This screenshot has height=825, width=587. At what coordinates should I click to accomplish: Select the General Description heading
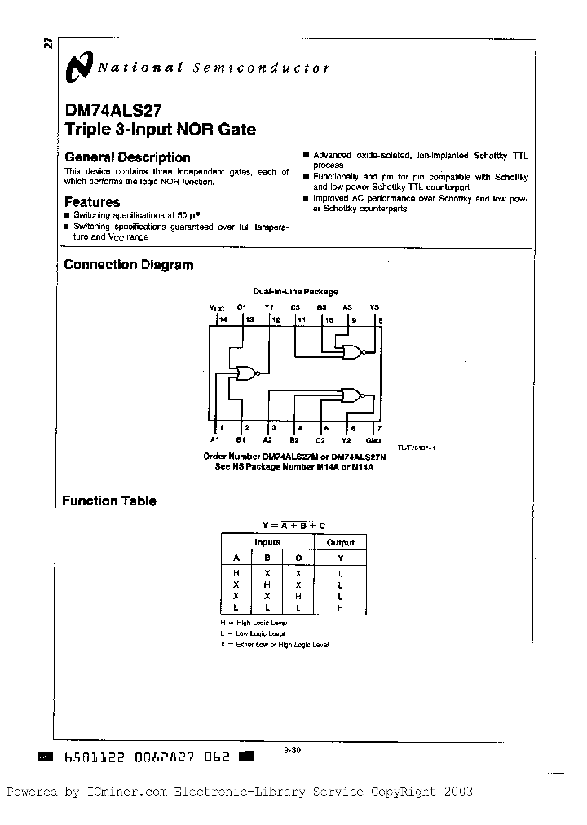pyautogui.click(x=127, y=157)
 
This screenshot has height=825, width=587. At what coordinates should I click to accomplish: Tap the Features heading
pyautogui.click(x=92, y=202)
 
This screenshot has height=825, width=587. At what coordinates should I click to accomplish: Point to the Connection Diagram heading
pyautogui.click(x=129, y=264)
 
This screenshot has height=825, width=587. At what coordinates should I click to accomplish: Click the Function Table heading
pyautogui.click(x=109, y=501)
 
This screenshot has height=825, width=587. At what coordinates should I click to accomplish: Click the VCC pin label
pyautogui.click(x=217, y=308)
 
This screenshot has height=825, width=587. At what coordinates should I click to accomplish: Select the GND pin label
pyautogui.click(x=373, y=440)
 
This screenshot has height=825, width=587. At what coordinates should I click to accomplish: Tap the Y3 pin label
pyautogui.click(x=374, y=307)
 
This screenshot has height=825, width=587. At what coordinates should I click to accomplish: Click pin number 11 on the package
pyautogui.click(x=302, y=320)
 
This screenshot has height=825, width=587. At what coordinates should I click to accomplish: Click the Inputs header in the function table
pyautogui.click(x=267, y=542)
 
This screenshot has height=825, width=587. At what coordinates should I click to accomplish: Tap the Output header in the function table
pyautogui.click(x=340, y=542)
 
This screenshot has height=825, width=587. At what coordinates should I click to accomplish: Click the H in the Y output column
pyautogui.click(x=340, y=608)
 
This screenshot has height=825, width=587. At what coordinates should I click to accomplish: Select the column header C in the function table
pyautogui.click(x=298, y=558)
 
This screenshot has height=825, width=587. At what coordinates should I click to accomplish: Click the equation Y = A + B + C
pyautogui.click(x=293, y=525)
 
